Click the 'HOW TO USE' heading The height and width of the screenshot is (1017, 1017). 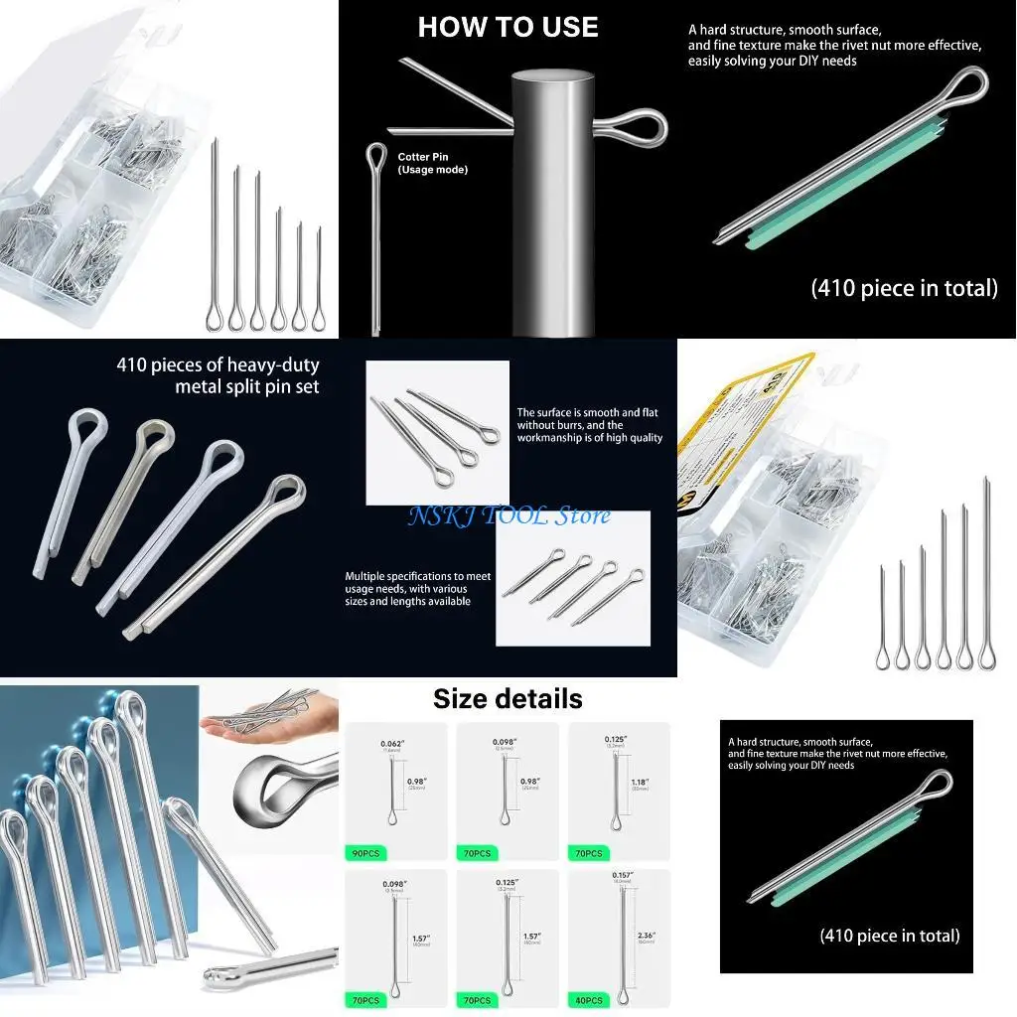click(508, 27)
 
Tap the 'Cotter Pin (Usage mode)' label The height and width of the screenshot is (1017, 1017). click(432, 163)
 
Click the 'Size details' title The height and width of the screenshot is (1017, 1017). click(508, 698)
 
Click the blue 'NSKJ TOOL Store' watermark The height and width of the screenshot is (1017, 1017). click(508, 515)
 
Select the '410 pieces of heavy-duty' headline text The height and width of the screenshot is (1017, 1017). click(218, 365)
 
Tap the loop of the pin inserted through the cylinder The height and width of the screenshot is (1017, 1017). click(634, 128)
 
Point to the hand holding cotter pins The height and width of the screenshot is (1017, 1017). click(260, 725)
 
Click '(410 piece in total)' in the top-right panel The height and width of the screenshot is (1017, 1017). click(904, 288)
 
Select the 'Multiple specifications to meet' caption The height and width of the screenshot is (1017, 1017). click(417, 576)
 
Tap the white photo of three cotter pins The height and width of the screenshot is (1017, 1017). click(437, 433)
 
